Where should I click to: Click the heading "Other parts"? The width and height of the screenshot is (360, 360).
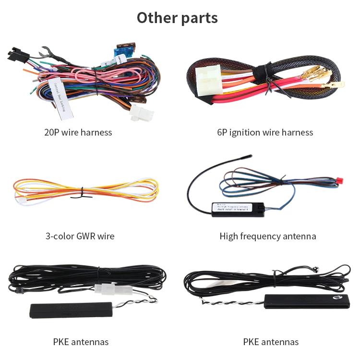pos(177,18)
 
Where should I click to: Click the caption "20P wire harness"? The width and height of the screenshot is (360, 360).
pos(78,132)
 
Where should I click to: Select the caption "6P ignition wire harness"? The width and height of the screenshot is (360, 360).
pos(264,132)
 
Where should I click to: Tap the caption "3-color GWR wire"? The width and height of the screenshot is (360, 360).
pos(80,236)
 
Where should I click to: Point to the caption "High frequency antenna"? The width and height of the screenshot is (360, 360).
pos(267,236)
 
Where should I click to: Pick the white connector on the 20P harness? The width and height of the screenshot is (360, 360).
pos(137,114)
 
